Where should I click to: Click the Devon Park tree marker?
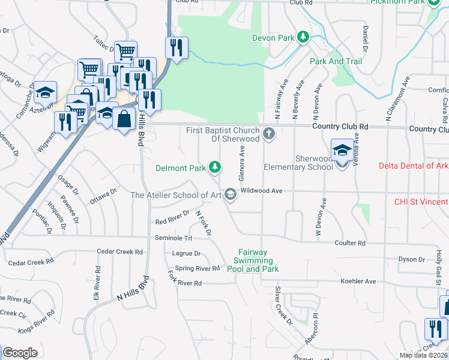[x=304, y=38]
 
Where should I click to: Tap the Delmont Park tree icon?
[x=215, y=167]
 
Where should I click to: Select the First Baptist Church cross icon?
[x=269, y=134]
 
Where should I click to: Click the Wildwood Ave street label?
[x=261, y=190]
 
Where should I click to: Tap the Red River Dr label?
[x=172, y=221]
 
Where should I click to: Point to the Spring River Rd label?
[x=197, y=268]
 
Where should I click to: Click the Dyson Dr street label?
[x=412, y=259]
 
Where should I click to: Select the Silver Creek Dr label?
[x=282, y=305]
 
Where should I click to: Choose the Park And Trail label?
[x=336, y=61]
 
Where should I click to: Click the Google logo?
[x=20, y=353]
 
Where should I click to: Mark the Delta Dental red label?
[x=414, y=166]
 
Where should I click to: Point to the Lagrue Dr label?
[x=186, y=254]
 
